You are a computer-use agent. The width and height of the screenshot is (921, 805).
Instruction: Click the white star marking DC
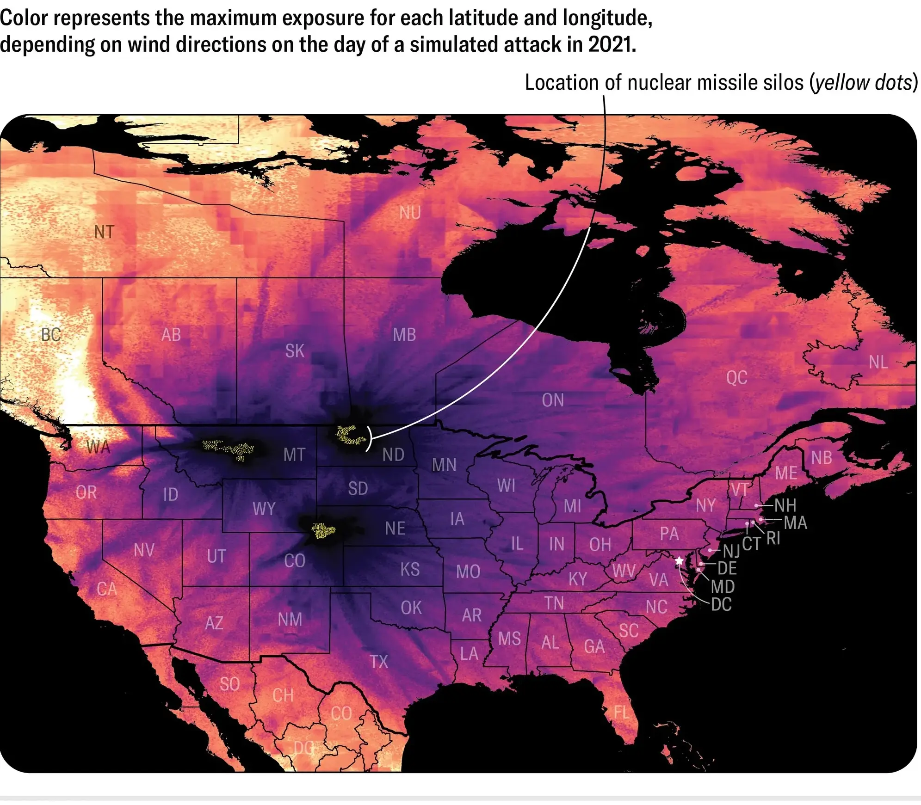point(679,561)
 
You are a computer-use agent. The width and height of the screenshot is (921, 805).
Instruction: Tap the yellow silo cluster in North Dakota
point(349,435)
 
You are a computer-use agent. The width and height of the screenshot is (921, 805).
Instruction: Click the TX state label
point(378,662)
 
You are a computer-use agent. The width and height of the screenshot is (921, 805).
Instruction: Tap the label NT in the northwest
point(104,232)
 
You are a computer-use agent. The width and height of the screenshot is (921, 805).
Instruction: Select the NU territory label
point(410,213)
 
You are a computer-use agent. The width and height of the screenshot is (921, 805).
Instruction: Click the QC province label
point(736,378)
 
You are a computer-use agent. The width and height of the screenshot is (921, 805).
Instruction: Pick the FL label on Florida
point(622,712)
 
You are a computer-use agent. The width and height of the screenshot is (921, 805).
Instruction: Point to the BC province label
point(51,334)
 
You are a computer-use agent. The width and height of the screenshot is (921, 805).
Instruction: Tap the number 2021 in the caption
point(612,45)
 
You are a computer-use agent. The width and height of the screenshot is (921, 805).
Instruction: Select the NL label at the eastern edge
point(878,362)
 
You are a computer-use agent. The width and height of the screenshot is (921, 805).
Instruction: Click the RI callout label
point(773,538)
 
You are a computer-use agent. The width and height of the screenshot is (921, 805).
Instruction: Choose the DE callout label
point(727,568)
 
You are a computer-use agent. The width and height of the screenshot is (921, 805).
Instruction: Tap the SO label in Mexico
point(229,684)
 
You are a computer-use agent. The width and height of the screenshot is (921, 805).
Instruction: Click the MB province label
point(404,335)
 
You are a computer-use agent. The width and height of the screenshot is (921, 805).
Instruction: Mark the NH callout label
point(785,505)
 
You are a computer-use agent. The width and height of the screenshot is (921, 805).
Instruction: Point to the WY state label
point(264,509)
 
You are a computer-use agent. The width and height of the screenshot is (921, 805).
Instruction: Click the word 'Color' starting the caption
point(24,18)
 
